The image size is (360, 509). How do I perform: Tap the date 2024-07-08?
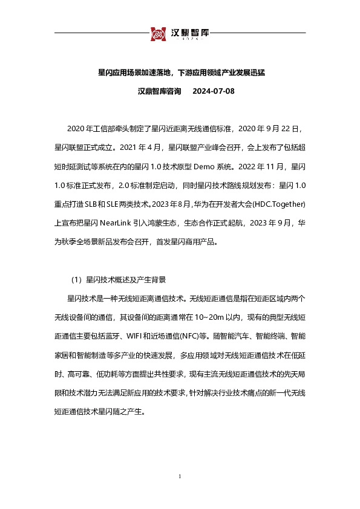tap(213, 92)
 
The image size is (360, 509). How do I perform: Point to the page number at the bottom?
tap(180, 477)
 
